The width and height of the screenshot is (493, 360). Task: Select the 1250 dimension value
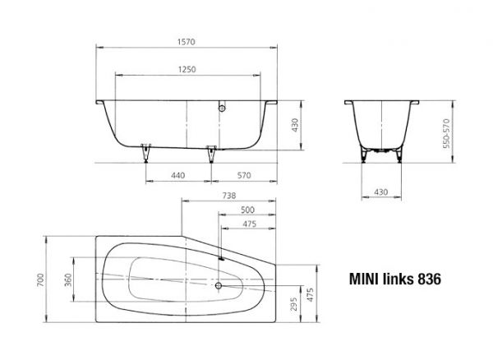(187, 71)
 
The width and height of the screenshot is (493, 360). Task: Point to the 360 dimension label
(70, 279)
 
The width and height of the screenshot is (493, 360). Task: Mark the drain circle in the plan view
(219, 287)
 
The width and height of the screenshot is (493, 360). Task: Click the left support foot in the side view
(147, 152)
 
